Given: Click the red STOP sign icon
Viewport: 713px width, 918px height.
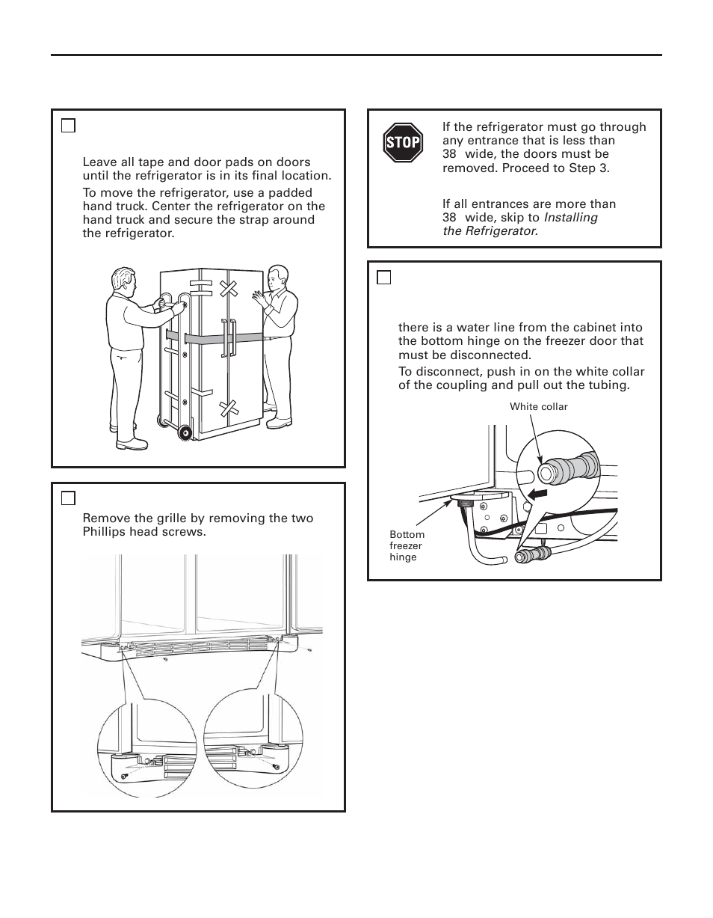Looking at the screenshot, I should click(403, 143).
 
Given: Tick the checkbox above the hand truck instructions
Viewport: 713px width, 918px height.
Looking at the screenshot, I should click(68, 126).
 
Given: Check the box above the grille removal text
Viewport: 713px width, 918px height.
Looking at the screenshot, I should click(68, 498).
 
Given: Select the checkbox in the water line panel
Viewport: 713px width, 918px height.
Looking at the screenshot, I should click(384, 278).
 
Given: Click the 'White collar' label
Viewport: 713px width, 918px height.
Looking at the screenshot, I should click(538, 407).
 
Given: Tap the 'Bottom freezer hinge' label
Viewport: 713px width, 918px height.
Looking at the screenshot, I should click(407, 545).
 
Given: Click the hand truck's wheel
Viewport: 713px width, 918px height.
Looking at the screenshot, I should click(183, 433).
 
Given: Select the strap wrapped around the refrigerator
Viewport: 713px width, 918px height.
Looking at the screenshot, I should click(217, 337).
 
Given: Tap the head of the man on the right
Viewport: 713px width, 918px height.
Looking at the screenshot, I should click(277, 278).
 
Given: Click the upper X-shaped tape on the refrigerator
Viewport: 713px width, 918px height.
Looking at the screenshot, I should click(229, 288).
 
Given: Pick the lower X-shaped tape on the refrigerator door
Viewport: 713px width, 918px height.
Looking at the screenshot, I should click(228, 408).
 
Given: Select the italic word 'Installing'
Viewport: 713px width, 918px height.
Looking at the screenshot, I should click(570, 218).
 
